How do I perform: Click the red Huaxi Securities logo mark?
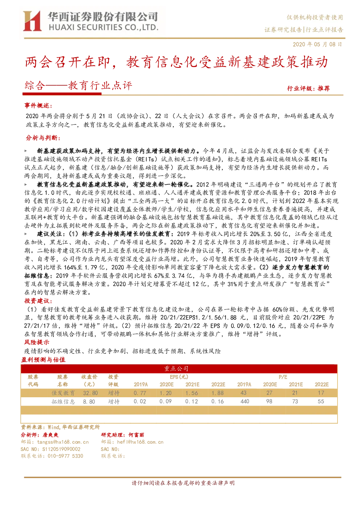[x=32, y=21]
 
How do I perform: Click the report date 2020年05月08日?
[x=317, y=44]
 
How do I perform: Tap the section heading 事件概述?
[x=38, y=106]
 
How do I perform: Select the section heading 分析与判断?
[x=43, y=138]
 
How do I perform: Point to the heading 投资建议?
[x=38, y=301]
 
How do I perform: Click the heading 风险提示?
[x=37, y=342]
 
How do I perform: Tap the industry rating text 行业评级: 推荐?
[x=308, y=88]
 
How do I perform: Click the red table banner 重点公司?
[x=176, y=368]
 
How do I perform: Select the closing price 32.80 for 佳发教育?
[x=90, y=393]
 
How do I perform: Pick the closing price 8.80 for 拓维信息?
[x=89, y=402]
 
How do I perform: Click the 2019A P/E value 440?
[x=245, y=401]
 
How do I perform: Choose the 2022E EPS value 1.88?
[x=217, y=393]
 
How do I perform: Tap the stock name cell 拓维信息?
[x=63, y=402]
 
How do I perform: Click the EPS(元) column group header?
[x=179, y=377]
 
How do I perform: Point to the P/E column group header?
[x=283, y=377]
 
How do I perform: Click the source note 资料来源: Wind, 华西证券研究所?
[x=60, y=427]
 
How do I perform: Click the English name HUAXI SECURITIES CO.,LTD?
[x=103, y=28]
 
